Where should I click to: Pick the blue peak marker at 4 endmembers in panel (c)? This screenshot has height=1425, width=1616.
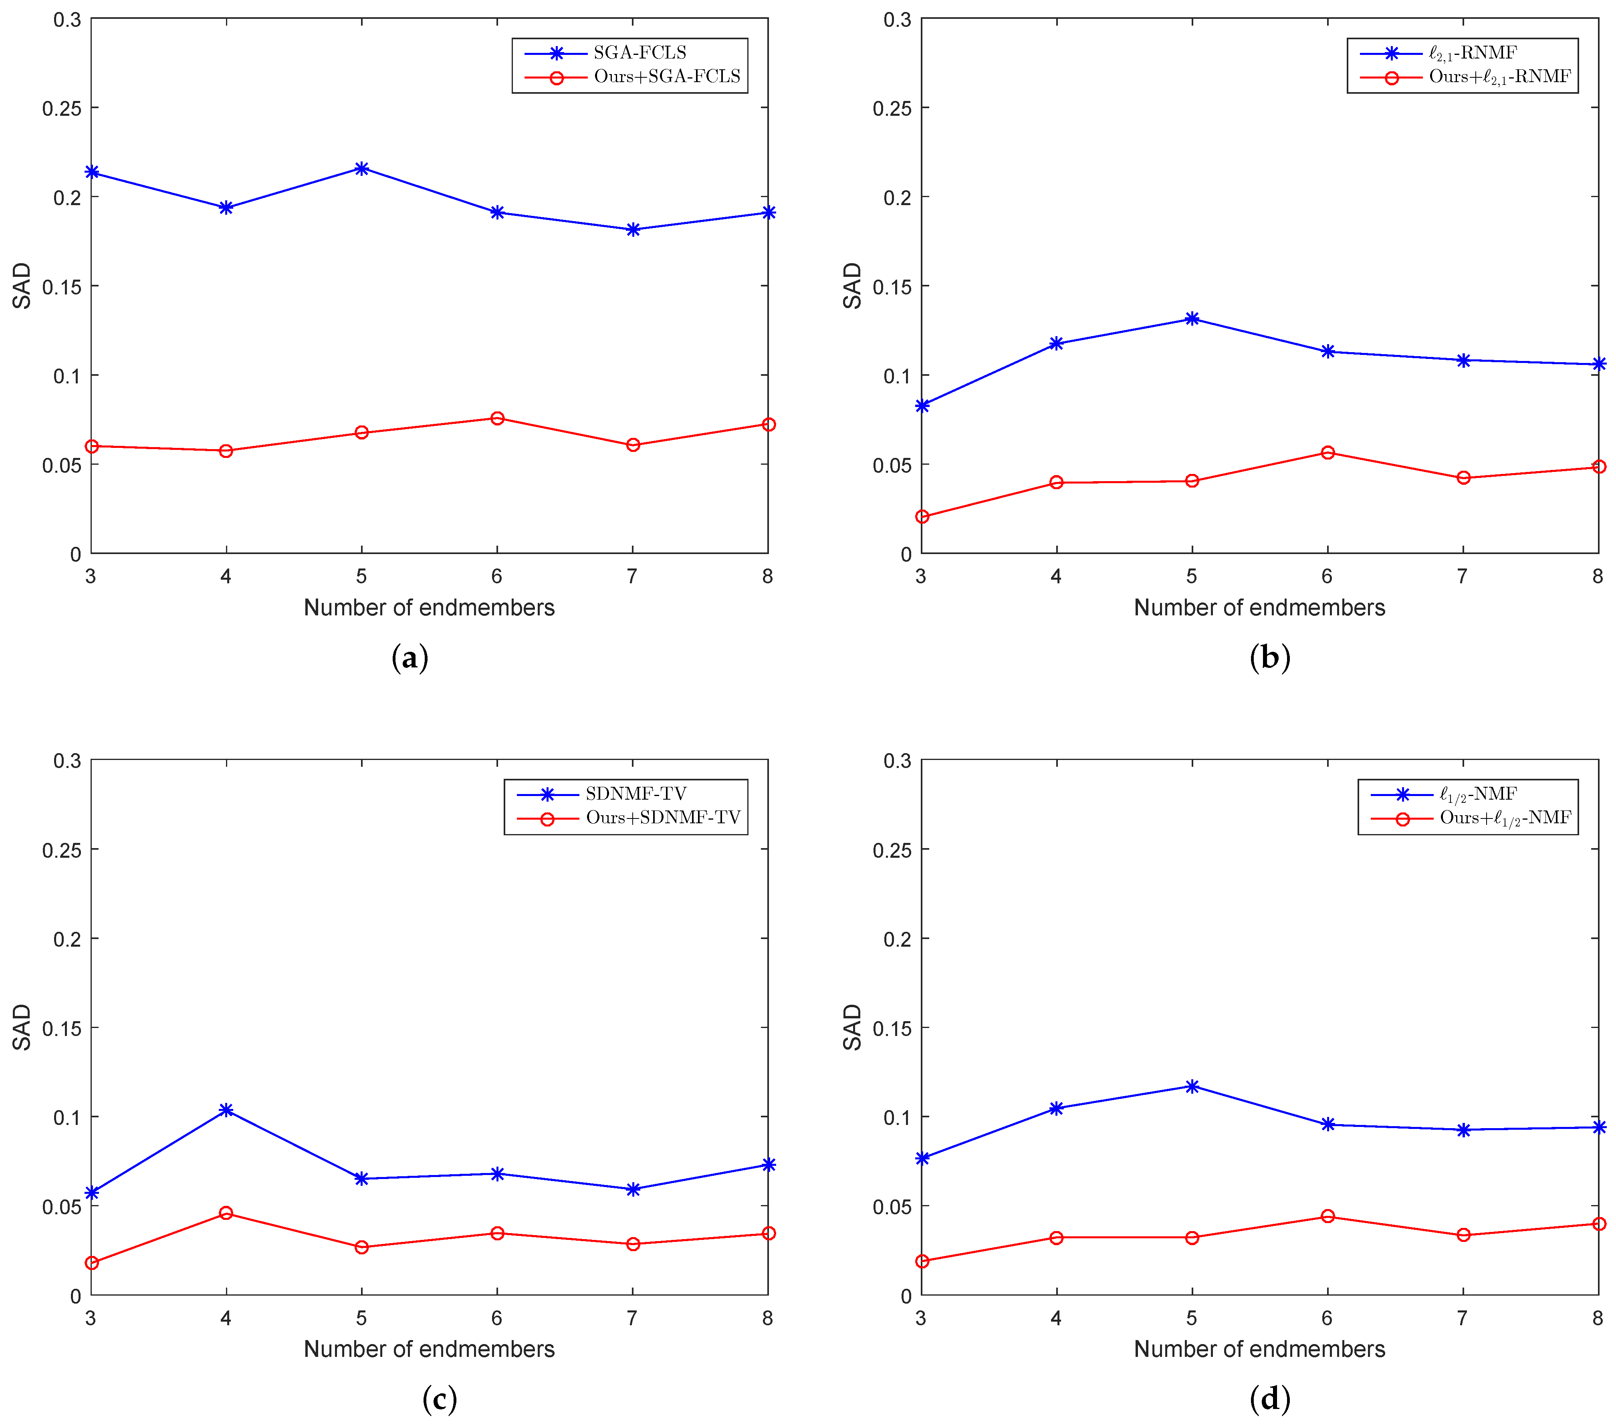coord(226,1111)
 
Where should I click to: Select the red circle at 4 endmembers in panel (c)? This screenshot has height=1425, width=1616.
coord(226,1213)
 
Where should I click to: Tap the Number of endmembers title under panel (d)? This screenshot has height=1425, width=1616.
coord(1259,1349)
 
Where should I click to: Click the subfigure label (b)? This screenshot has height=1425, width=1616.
coord(1270,657)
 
